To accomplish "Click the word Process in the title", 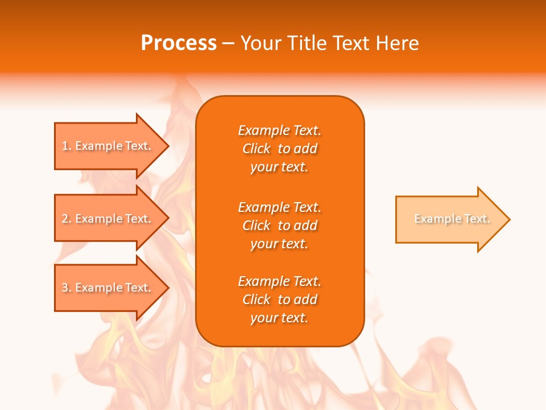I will (x=179, y=43).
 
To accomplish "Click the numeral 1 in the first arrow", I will (x=65, y=146).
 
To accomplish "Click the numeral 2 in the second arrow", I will (x=65, y=219).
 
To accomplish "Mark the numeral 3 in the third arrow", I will (x=65, y=288).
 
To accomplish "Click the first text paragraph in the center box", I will (x=279, y=149).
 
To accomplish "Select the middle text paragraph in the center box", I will (x=279, y=225).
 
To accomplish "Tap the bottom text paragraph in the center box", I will (x=279, y=300).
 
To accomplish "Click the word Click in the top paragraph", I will (x=256, y=149).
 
